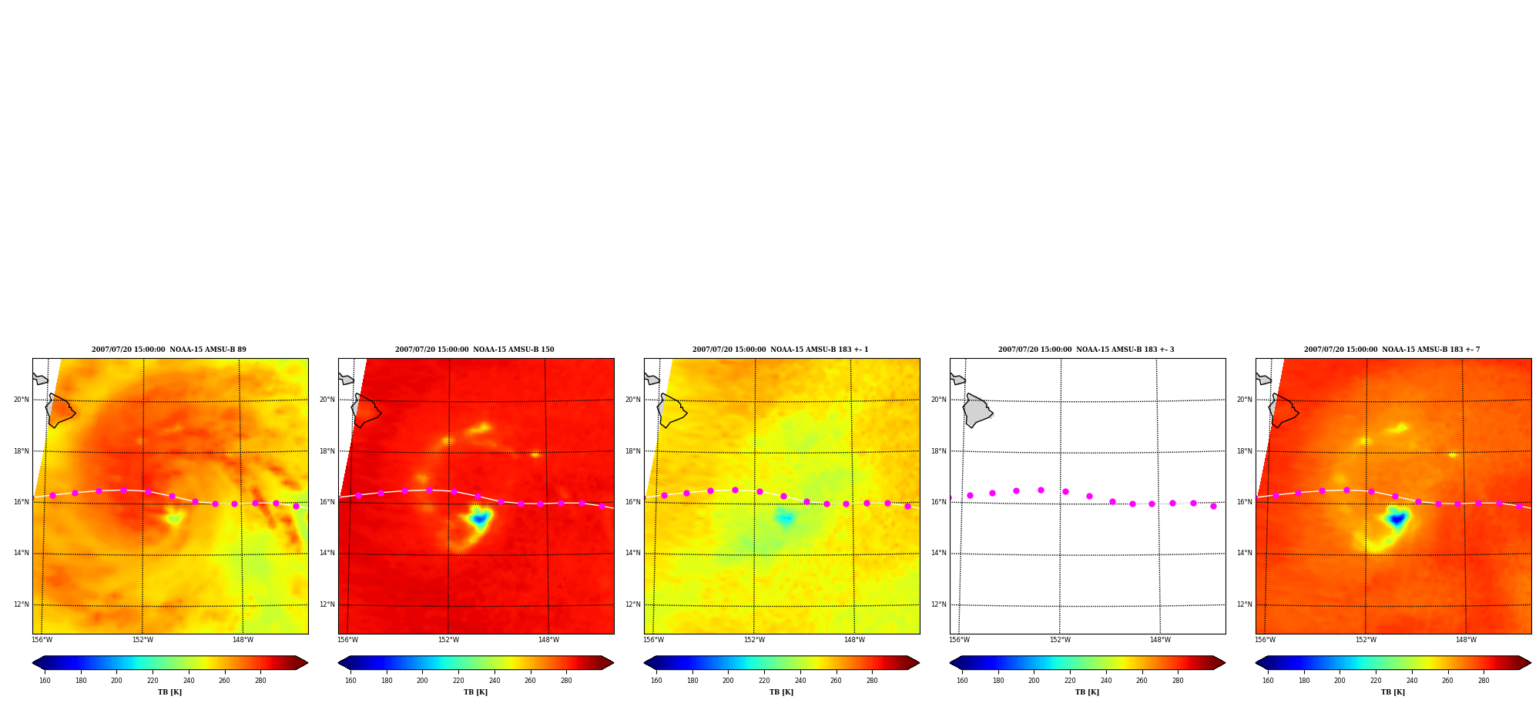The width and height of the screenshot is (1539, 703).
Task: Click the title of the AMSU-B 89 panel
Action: tap(169, 350)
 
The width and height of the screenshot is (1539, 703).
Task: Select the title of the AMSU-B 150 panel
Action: tap(474, 350)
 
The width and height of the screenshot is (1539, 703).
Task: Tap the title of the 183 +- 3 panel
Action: tap(1086, 350)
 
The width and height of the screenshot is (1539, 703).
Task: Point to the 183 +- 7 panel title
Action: tap(1392, 350)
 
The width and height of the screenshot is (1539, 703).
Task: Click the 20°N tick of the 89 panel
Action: tap(22, 400)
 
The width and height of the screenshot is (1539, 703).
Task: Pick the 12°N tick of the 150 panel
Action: tap(327, 604)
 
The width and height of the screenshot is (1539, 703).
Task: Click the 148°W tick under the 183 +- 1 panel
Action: tap(854, 640)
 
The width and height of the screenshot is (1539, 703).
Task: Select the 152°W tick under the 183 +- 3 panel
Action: tap(1060, 640)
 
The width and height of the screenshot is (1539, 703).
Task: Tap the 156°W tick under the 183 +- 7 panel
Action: tap(1265, 640)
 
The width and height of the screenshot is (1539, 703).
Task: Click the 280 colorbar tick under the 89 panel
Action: tap(260, 681)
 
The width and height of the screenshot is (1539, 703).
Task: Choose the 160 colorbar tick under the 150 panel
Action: tap(350, 681)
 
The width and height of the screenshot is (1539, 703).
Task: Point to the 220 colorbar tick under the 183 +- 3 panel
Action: tap(1070, 681)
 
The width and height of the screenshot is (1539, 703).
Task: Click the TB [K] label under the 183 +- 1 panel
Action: tap(781, 692)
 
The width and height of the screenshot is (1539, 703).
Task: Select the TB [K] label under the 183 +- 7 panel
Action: tap(1393, 692)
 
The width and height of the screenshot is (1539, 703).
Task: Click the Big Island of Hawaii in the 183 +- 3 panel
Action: tap(977, 410)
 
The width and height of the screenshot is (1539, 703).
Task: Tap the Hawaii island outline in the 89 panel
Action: tap(59, 410)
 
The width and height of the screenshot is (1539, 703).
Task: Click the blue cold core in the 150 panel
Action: tap(479, 519)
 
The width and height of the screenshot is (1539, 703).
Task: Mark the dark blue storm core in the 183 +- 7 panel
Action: tap(1396, 520)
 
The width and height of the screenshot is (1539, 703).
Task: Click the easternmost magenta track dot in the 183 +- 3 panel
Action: tap(1213, 506)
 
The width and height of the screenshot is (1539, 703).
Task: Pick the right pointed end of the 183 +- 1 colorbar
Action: tap(919, 662)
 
